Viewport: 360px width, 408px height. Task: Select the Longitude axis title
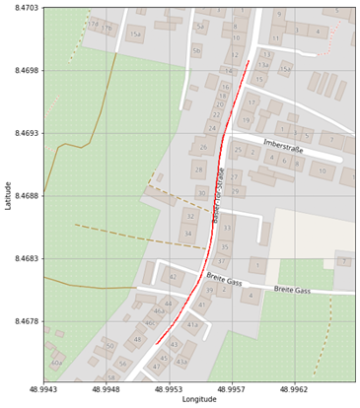[198, 399]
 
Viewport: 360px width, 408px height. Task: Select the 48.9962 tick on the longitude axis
[293, 389]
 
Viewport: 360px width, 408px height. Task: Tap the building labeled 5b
[196, 50]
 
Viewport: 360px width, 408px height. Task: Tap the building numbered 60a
[56, 363]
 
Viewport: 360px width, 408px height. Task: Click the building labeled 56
[122, 364]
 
